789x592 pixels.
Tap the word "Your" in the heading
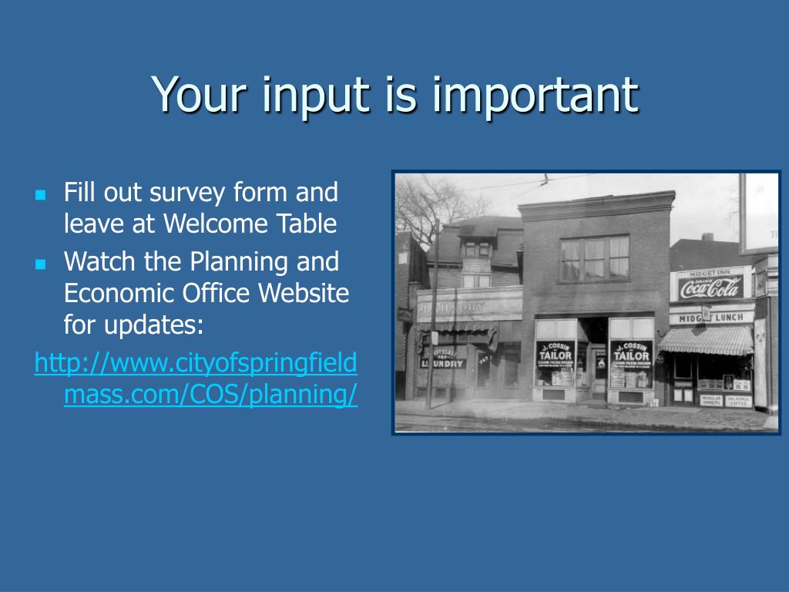193,95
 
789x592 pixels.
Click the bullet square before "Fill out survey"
41,193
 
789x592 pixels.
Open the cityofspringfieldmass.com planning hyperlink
196,378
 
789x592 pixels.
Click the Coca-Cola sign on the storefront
710,288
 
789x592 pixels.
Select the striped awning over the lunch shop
706,340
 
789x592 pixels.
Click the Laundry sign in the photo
445,361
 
